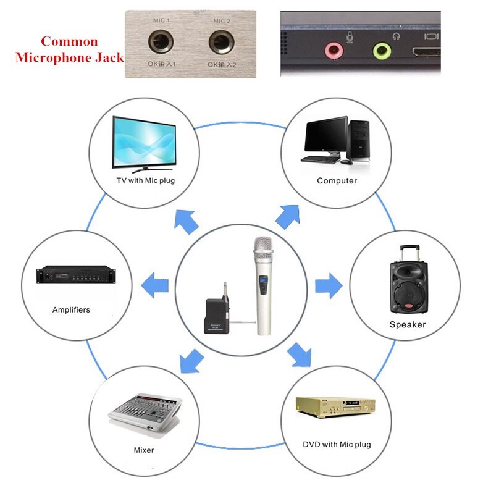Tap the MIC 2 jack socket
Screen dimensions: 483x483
(220, 43)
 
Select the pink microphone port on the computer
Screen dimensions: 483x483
(335, 49)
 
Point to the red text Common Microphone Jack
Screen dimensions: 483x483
(69, 50)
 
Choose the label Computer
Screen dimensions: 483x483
(337, 180)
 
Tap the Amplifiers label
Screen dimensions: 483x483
(71, 309)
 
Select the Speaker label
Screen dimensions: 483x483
(407, 324)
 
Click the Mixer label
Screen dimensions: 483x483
(144, 450)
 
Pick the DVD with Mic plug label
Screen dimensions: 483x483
(337, 444)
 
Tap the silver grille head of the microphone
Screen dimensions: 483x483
(264, 248)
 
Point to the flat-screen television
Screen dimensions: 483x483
(144, 143)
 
